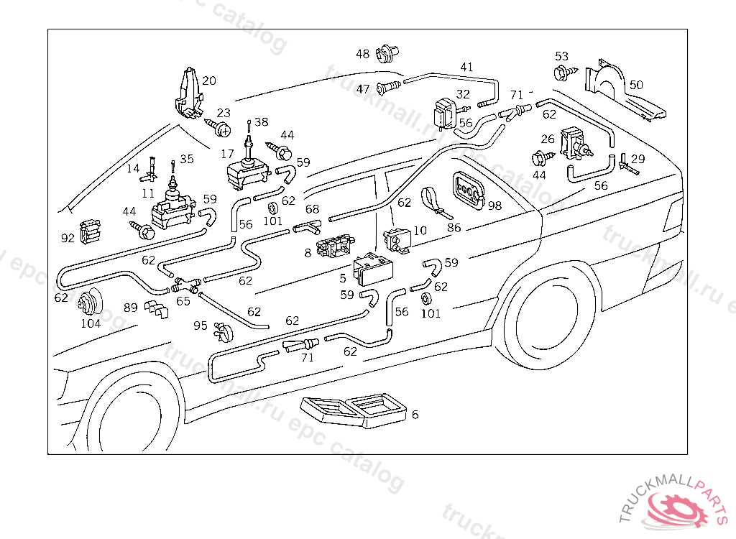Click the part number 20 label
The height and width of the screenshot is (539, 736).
[208, 80]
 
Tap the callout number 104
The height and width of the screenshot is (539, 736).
[91, 323]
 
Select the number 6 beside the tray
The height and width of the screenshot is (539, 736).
[415, 415]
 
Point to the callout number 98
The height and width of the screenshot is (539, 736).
[494, 206]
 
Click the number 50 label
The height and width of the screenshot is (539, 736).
[636, 85]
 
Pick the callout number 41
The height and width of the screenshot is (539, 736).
[466, 68]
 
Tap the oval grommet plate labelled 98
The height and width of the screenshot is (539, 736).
[468, 190]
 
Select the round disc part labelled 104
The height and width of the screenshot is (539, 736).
[89, 303]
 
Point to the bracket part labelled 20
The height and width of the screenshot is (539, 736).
[188, 92]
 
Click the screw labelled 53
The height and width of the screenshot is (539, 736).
[561, 72]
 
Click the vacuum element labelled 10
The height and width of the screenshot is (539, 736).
[397, 239]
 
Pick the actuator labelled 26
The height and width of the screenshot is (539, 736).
[575, 143]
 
